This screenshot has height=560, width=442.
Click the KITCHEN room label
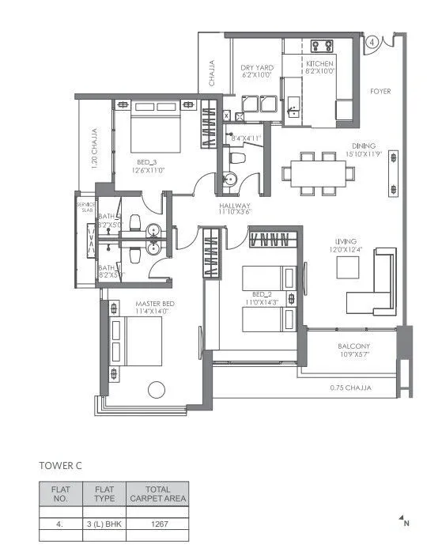[319, 63]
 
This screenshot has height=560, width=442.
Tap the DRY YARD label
[256, 68]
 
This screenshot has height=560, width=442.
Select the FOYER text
[380, 92]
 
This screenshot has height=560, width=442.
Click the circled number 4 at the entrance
[372, 41]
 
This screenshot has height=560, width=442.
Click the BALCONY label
[354, 347]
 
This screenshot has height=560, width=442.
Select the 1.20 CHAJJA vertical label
[94, 146]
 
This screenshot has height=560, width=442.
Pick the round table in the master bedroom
[157, 389]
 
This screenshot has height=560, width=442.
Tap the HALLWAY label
[235, 207]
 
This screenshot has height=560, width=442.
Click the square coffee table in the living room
[348, 268]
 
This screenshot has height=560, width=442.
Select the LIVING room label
[346, 241]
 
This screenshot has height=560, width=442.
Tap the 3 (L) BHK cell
[104, 524]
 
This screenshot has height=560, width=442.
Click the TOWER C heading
[61, 466]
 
